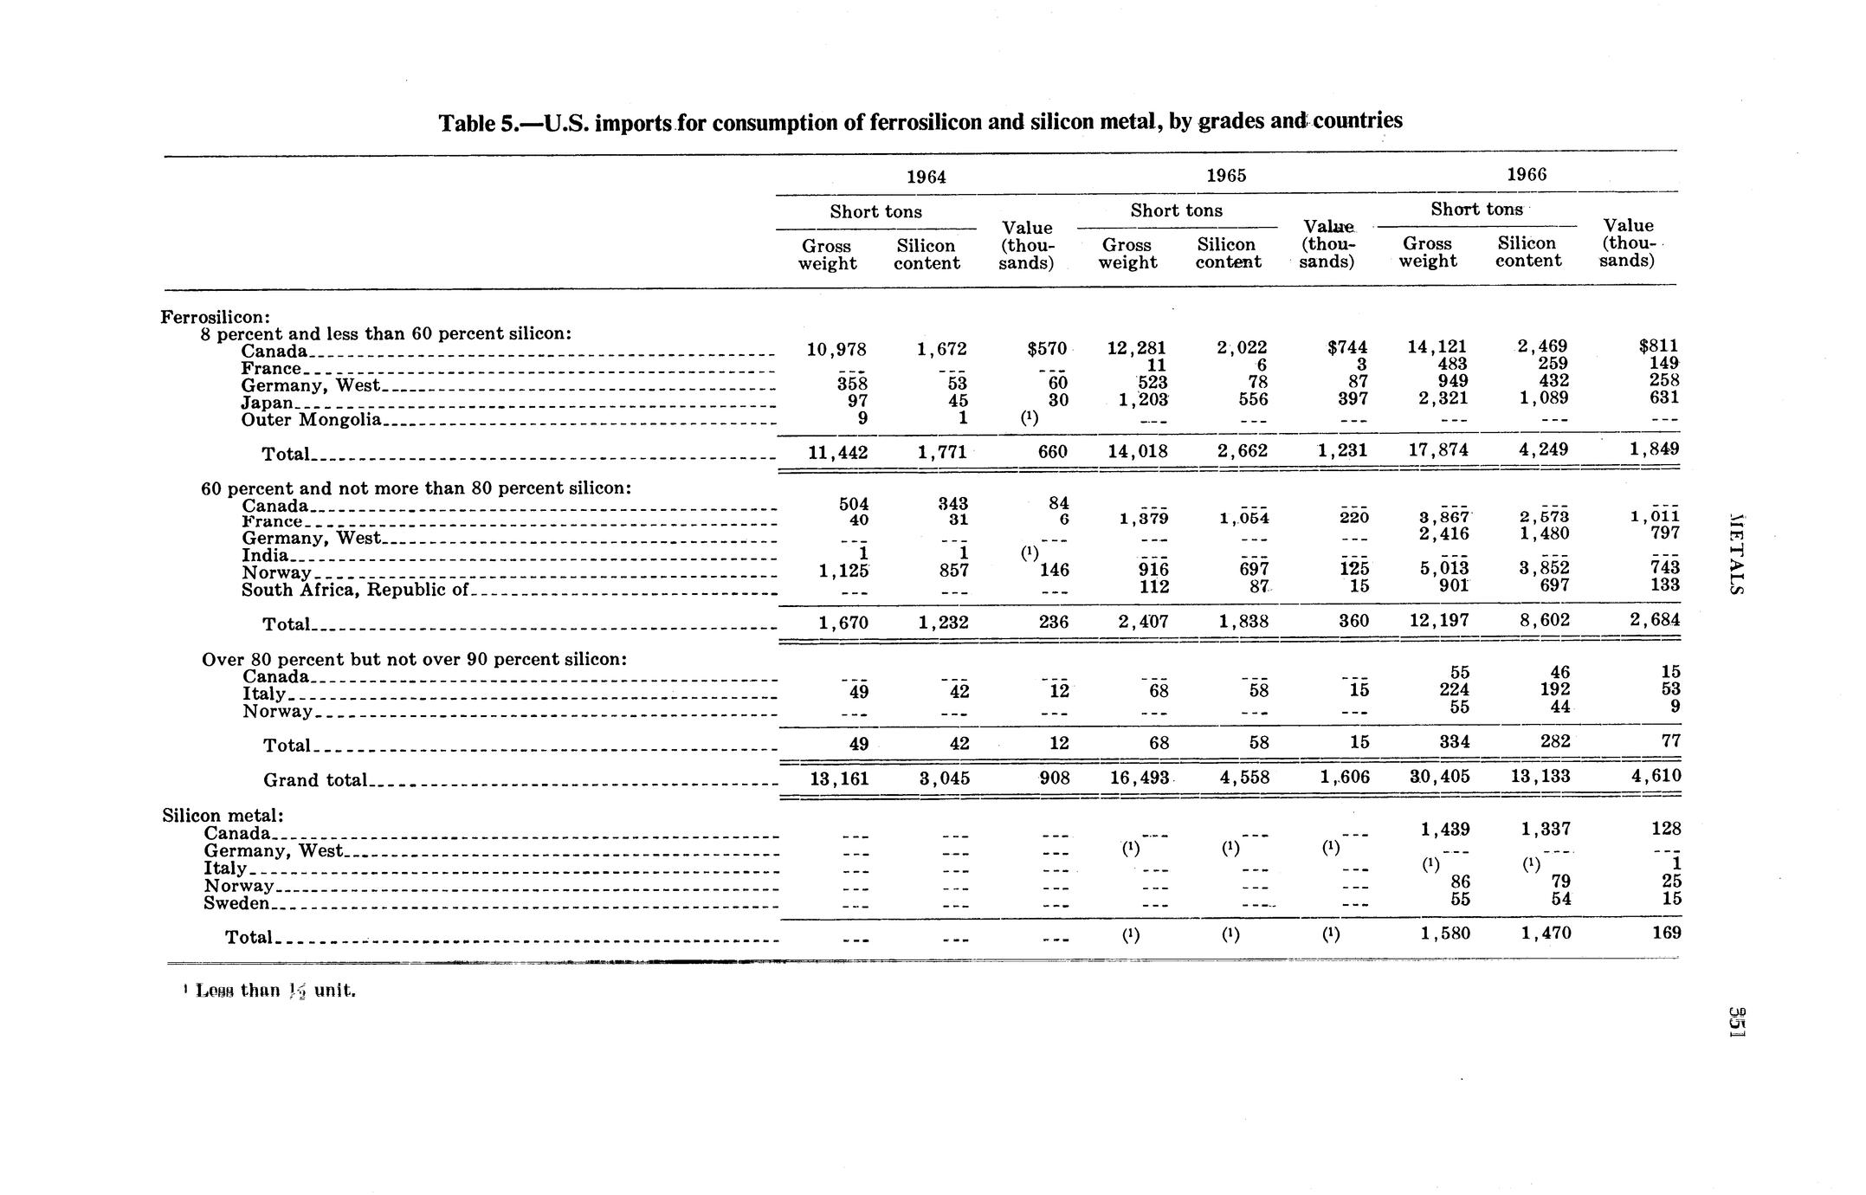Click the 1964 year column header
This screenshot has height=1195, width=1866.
pos(926,178)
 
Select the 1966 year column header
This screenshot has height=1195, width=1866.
pos(1526,174)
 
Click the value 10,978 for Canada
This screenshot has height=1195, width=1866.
pos(836,350)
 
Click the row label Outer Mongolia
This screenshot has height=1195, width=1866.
pos(311,420)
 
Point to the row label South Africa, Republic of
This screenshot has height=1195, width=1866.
pos(354,590)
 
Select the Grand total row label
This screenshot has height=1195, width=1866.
pos(316,780)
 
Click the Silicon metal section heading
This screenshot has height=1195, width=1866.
pos(223,816)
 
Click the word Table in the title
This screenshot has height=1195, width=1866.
pos(468,123)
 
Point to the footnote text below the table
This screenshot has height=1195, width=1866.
pos(270,991)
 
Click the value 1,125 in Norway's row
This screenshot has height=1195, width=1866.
pos(843,571)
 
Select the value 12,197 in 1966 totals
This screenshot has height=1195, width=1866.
pos(1437,621)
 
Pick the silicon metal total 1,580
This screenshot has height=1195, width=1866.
pos(1444,933)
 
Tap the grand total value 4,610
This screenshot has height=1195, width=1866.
pos(1656,775)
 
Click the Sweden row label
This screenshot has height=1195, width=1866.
pos(236,903)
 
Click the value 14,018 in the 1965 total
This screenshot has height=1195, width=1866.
pos(1138,451)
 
